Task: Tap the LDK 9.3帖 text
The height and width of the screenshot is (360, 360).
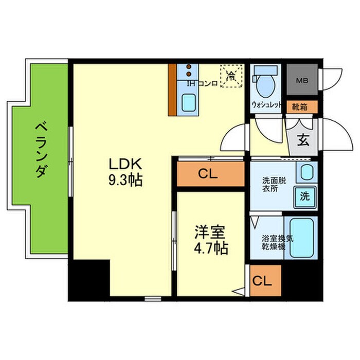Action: point(125,172)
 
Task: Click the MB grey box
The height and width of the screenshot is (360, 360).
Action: point(302,80)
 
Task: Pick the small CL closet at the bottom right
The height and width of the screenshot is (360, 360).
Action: point(263,281)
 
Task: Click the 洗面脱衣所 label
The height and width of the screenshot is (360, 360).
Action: point(272,184)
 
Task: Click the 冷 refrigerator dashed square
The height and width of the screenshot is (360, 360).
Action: point(232,76)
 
